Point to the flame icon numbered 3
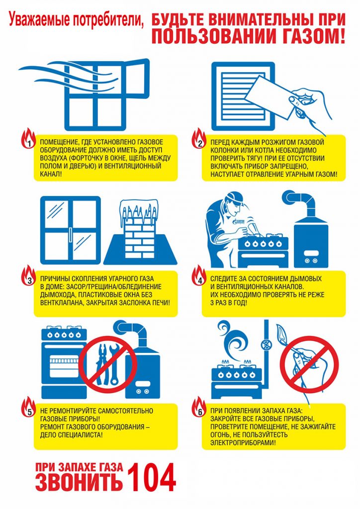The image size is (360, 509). click(29, 276)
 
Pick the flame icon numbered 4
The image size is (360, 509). click(199, 276)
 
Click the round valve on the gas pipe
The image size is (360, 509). click(267, 343)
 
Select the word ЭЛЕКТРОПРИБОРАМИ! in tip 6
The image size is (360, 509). click(243, 442)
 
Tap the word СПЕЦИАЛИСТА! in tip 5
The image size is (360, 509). click(72, 434)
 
